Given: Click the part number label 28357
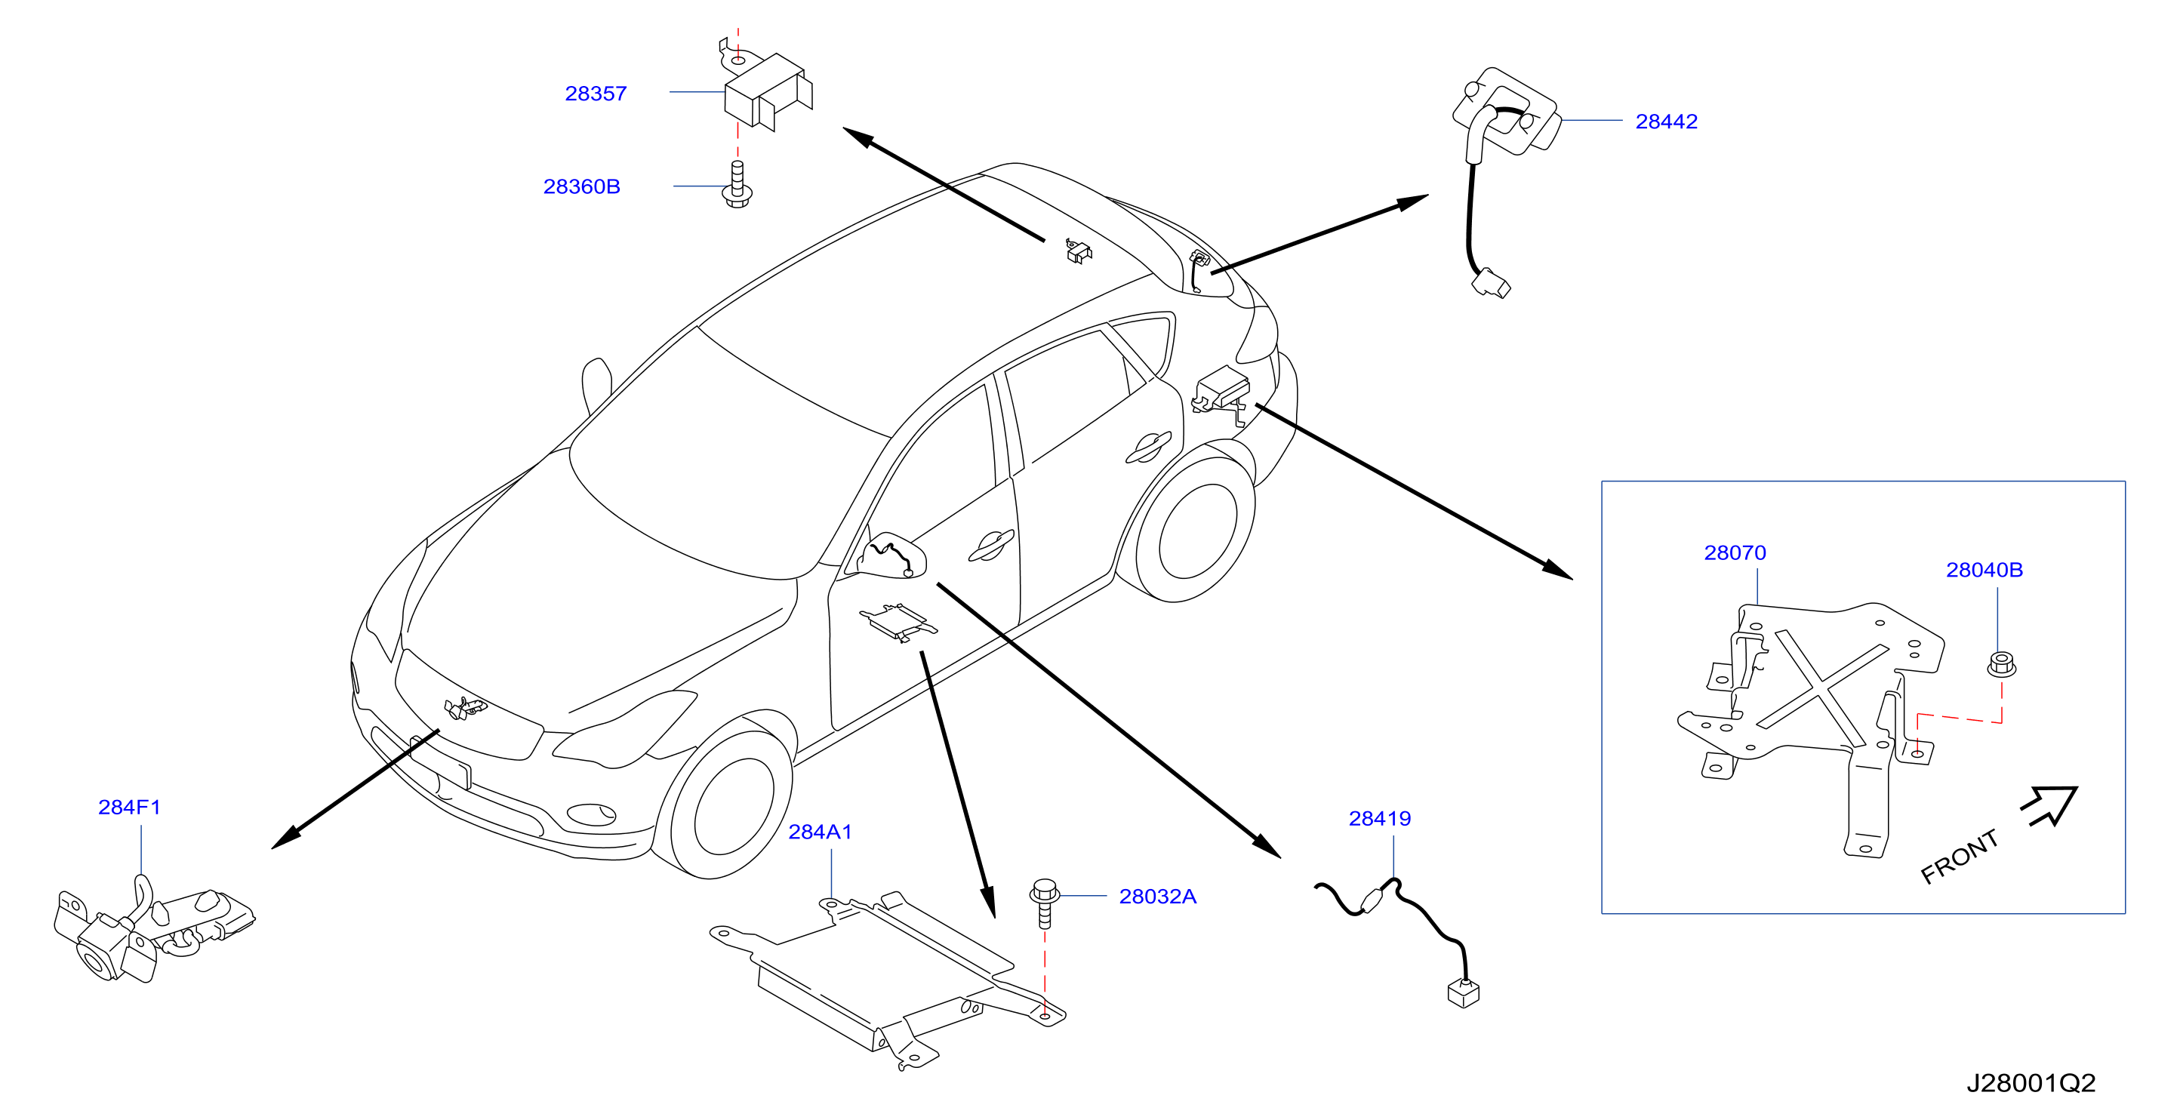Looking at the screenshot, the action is [596, 93].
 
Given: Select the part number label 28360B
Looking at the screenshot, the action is [581, 186].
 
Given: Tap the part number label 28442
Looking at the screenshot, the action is [1666, 121].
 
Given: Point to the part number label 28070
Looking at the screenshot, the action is [1735, 552].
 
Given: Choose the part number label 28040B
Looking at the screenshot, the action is [1984, 569].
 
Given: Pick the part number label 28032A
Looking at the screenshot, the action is [1158, 896].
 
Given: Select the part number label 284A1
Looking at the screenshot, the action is [820, 832].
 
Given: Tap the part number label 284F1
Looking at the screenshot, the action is [130, 807].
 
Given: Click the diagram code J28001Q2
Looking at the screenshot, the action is [2031, 1083].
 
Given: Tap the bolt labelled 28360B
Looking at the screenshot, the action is [737, 184].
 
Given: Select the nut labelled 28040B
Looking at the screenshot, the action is [2001, 664].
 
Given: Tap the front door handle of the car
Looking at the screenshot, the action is [991, 546].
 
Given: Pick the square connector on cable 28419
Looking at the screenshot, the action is [1464, 992].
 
